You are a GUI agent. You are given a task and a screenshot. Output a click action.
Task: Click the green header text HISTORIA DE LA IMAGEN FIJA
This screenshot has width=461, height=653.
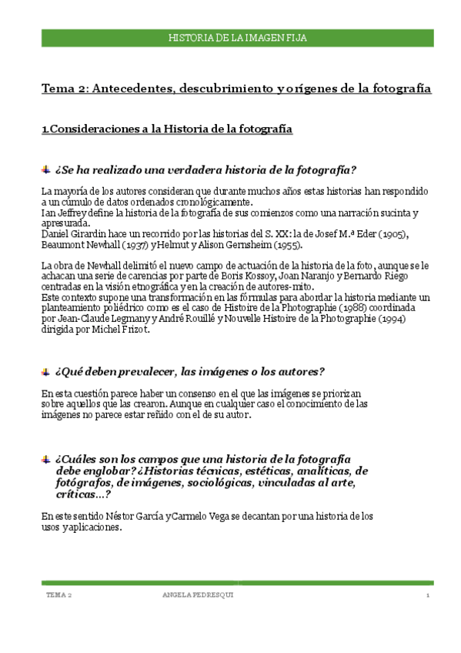click(238, 37)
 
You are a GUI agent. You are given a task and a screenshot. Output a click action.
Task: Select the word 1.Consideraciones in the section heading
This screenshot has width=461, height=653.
click(88, 129)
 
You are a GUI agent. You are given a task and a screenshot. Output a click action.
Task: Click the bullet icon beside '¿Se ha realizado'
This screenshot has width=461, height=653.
click(45, 169)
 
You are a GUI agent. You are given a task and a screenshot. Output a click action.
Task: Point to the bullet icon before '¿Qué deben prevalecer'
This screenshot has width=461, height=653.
click(45, 372)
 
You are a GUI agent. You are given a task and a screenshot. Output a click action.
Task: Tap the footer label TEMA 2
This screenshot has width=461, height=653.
click(59, 596)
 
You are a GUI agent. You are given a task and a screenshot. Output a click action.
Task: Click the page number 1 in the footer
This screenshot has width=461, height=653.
click(426, 596)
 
